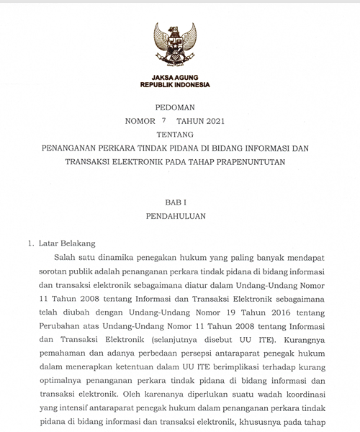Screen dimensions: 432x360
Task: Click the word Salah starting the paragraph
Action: pos(69,258)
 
